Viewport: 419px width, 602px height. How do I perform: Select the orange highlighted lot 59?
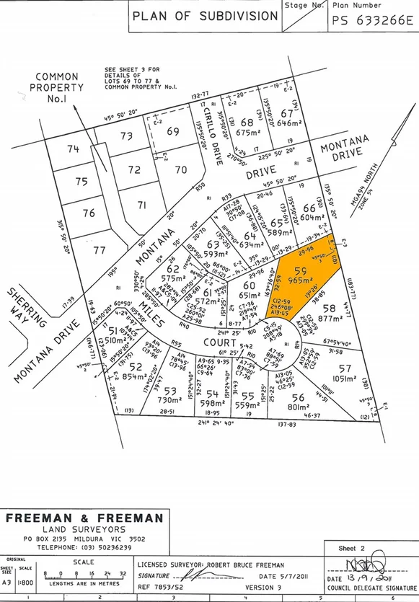[304, 275]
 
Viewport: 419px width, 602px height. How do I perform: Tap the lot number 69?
[173, 132]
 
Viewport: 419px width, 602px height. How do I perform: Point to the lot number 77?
[99, 250]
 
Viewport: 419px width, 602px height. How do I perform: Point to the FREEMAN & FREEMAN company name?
[85, 518]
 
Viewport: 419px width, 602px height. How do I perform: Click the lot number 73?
[126, 135]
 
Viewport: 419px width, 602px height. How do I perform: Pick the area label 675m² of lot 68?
[248, 132]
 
